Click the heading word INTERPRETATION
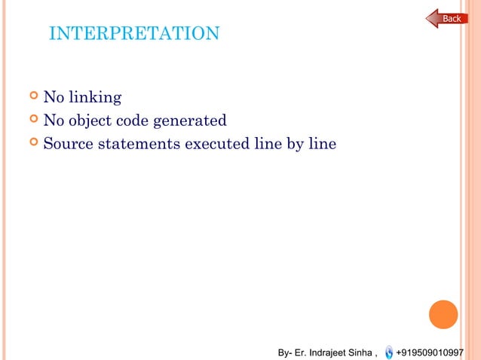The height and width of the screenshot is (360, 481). coord(133,34)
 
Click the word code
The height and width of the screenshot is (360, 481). coord(137,121)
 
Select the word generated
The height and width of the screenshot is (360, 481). coord(191,121)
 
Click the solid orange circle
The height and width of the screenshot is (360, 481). coord(443,314)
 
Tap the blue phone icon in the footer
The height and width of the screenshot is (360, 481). coord(389,352)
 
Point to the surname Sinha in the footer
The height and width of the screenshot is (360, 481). coord(360,352)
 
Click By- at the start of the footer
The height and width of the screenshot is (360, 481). coord(285,352)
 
